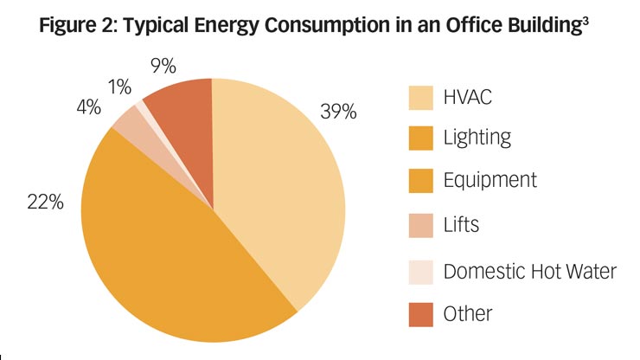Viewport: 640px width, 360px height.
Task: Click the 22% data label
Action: [45, 202]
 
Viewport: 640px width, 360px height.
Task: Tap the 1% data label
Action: [119, 87]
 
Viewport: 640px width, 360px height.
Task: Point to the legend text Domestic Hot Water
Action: [529, 271]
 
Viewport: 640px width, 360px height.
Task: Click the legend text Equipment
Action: [490, 181]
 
